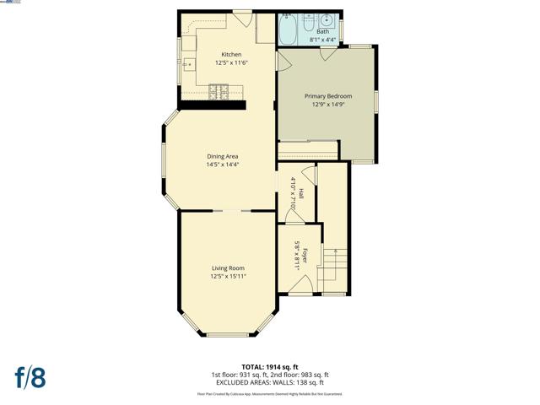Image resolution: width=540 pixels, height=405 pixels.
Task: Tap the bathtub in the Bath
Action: [288, 30]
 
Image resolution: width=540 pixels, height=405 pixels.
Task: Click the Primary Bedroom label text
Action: [327, 97]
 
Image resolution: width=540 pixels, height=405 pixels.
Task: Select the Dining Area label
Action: [223, 156]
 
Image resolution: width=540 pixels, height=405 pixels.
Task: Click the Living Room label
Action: [228, 267]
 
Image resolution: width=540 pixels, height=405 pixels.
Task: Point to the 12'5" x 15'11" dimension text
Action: [228, 276]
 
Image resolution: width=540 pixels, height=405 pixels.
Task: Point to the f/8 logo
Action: [30, 376]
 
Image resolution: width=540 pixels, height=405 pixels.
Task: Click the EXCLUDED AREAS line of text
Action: [270, 382]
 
